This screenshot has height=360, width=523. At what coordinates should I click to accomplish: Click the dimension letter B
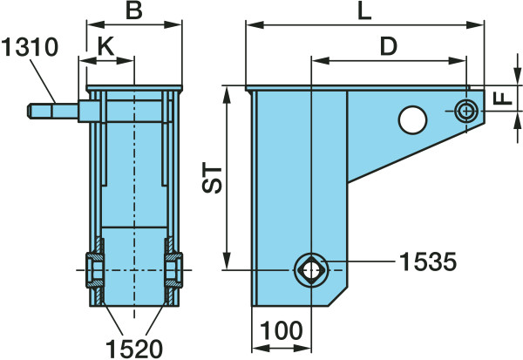[x=133, y=10]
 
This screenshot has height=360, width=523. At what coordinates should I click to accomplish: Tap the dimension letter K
[x=105, y=46]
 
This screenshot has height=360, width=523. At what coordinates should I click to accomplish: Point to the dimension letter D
[x=389, y=46]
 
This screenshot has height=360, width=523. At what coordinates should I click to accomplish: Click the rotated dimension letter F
[x=502, y=98]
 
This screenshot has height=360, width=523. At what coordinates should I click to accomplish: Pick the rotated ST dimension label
[x=212, y=178]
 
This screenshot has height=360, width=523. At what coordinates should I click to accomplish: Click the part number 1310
[x=30, y=47]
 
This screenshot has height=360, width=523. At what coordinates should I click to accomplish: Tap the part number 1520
[x=134, y=349]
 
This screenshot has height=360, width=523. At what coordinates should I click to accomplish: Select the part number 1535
[x=428, y=262]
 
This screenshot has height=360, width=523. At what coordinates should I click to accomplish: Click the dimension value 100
[x=282, y=330]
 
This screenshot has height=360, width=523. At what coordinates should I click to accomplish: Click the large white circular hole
[x=412, y=120]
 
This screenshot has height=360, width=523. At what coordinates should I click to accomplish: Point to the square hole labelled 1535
[x=311, y=270]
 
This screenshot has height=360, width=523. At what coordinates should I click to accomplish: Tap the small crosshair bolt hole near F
[x=466, y=111]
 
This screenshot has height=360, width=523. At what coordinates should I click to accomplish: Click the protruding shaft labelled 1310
[x=52, y=111]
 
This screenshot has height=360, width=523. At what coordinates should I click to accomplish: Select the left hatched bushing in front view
[x=95, y=270]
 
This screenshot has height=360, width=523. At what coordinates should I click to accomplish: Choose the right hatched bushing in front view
[x=173, y=270]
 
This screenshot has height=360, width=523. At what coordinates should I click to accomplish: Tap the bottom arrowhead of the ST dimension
[x=227, y=261]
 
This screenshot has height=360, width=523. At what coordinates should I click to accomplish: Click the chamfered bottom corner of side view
[x=337, y=296]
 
